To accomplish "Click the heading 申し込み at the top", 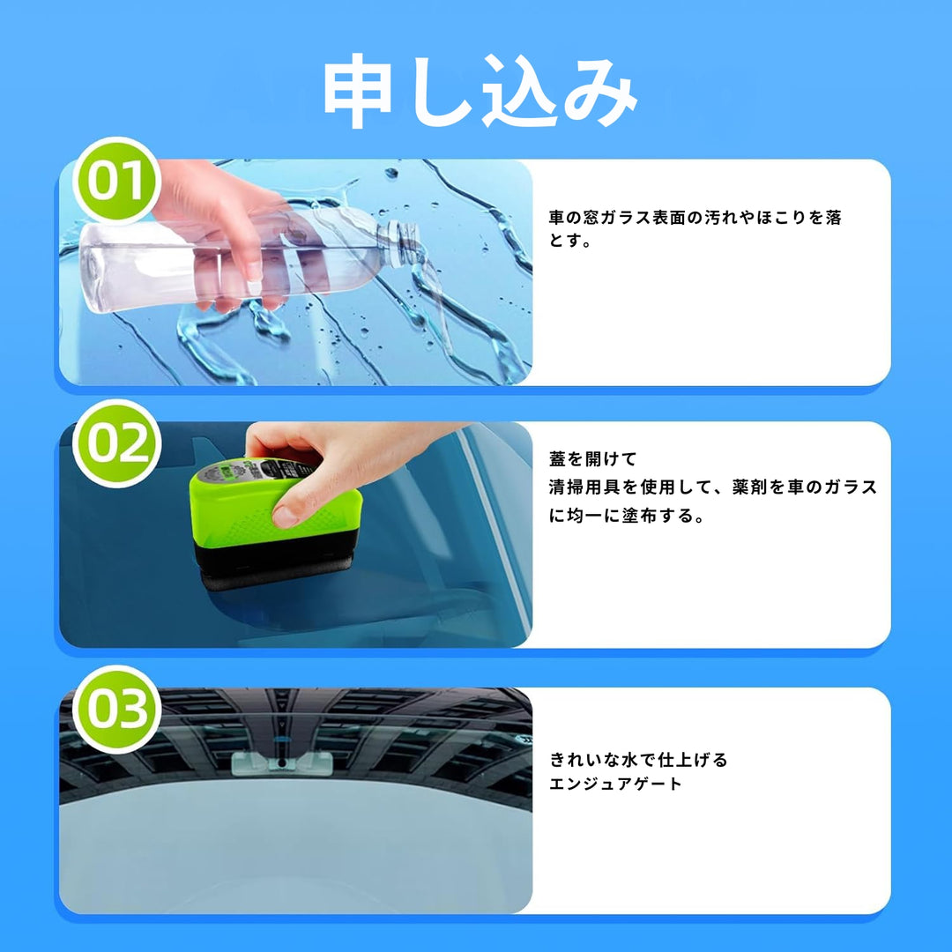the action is coord(480,91).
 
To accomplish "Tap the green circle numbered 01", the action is coord(116,181).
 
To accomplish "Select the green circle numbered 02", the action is coord(116,443).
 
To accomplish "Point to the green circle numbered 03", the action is coord(116,709).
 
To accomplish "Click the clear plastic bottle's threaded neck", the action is coord(400,243).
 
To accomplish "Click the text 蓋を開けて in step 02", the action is coord(592,459).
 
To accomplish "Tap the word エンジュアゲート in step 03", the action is coord(615,784).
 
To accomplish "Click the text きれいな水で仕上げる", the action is coord(638,760).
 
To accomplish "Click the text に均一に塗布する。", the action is coord(627,516).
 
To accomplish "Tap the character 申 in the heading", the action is coord(358,91).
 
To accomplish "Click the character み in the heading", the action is coord(600,91).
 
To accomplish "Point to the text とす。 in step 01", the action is coord(569,241).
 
